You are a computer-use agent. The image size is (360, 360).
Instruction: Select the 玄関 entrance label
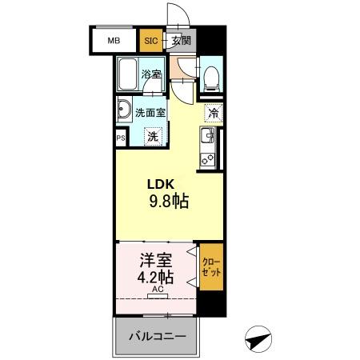tap(181, 39)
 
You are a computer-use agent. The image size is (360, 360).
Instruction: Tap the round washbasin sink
tap(124, 111)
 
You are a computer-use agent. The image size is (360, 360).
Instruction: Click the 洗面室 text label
tap(150, 113)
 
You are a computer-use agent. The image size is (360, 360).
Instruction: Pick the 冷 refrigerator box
tap(213, 113)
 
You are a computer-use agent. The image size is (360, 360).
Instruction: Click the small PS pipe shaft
tap(121, 138)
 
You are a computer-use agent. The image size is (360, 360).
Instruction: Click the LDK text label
tap(160, 183)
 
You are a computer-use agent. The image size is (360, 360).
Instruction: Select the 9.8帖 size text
tap(168, 201)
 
